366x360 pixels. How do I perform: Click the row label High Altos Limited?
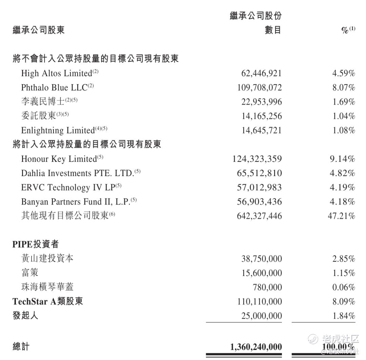57,73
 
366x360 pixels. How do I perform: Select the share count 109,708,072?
259,88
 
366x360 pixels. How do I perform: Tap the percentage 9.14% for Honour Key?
342,159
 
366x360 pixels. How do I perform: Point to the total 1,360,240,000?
256,347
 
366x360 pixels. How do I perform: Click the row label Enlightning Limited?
58,130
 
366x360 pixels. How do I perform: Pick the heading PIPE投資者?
36,244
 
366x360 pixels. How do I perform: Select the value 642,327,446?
259,216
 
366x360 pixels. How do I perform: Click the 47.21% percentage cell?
341,216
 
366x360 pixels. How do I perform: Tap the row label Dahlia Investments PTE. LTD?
77,173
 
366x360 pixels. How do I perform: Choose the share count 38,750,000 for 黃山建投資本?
261,259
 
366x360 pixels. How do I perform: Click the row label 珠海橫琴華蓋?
47,287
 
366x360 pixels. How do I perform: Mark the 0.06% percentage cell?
343,288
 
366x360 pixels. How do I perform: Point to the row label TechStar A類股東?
48,301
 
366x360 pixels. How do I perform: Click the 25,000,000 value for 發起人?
261,316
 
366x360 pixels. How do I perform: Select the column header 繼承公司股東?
39,30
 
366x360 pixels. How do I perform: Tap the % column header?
346,30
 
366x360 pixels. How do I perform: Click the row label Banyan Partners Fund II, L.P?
76,202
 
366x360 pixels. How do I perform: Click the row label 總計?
21,346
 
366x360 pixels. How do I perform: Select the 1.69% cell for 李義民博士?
343,102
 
